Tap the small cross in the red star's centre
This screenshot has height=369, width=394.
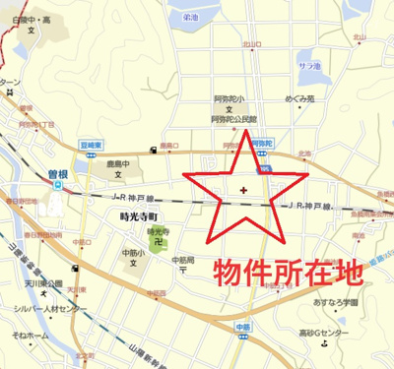pos(243,187)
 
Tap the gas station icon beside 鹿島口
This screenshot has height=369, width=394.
pos(154,151)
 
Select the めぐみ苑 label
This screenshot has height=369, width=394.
pos(298,99)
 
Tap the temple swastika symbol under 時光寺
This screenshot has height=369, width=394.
pos(158,242)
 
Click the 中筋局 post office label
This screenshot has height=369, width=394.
pos(182,260)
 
